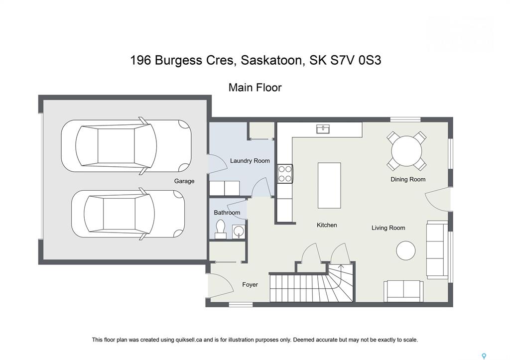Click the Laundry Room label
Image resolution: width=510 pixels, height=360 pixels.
[250, 161]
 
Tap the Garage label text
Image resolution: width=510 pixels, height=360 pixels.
[184, 181]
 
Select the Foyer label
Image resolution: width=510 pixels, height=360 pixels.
[250, 284]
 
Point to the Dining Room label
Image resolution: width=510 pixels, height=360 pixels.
[408, 179]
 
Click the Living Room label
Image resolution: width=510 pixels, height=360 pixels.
[388, 228]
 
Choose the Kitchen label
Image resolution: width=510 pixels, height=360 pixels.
[327, 225]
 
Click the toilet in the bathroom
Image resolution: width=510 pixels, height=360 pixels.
[221, 229]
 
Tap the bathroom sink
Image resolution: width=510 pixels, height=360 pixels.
[239, 232]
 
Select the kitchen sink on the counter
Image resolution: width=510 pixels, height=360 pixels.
[323, 129]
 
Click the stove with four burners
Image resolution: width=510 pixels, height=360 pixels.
[285, 174]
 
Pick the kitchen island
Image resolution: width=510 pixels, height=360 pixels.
[329, 185]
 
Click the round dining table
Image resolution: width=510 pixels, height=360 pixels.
[406, 151]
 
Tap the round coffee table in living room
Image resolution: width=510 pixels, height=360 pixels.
[406, 250]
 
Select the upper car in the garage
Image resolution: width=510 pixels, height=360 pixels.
[126, 145]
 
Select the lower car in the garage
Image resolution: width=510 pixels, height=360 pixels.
[128, 214]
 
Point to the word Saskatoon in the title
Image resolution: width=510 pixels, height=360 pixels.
[272, 60]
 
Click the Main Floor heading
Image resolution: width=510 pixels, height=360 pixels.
[255, 88]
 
